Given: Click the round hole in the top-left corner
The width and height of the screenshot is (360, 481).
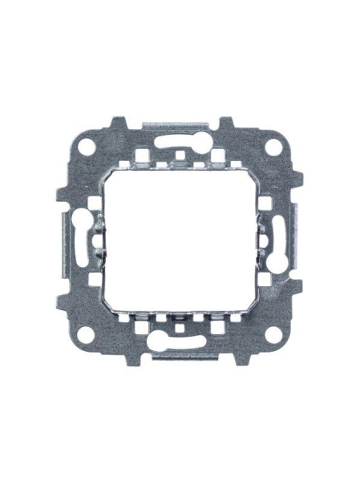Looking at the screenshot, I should coord(83,148).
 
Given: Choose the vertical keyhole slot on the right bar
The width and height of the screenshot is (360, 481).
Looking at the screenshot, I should coord(279,240).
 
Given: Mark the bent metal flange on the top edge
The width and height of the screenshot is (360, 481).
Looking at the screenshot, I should coord(179,126).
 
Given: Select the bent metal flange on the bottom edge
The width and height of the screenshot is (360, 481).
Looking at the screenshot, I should coord(179,355).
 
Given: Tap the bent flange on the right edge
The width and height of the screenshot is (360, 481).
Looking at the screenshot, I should coord(297,240).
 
